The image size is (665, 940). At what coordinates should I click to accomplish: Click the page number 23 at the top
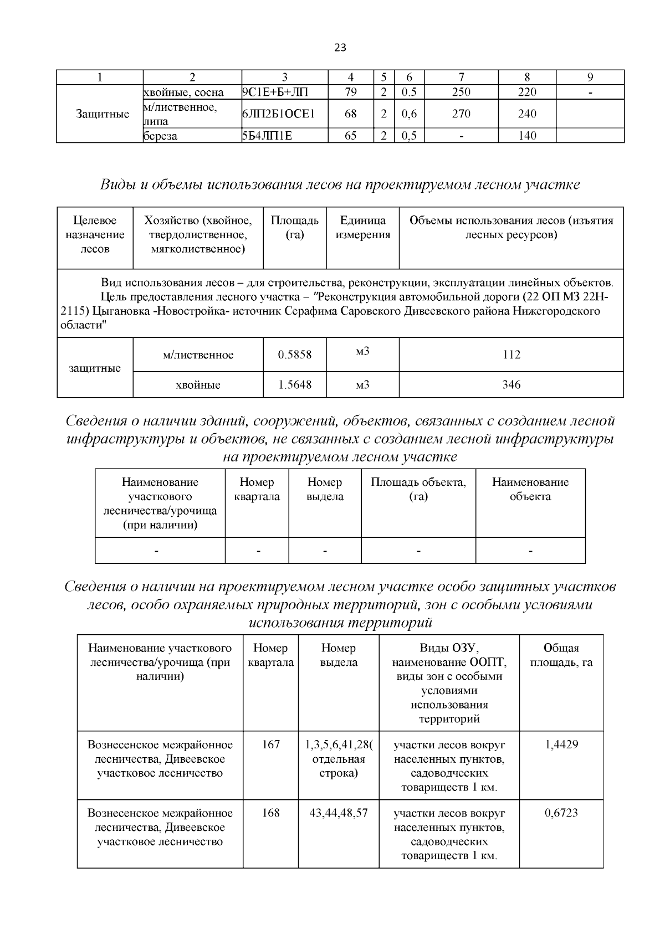340,48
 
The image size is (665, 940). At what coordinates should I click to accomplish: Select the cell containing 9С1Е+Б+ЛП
269,93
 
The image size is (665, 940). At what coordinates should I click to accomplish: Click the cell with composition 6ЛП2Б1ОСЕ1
278,114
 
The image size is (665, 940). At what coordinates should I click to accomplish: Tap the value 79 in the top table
350,93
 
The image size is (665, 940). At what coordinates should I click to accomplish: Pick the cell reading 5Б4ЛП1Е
267,136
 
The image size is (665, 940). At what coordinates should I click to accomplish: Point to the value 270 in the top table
461,114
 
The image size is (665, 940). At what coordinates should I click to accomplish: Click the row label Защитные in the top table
103,114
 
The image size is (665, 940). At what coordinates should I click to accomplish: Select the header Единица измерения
362,228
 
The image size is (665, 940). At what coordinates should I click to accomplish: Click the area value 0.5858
294,355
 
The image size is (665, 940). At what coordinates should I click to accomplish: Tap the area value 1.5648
294,384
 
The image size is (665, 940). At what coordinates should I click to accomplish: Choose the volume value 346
511,384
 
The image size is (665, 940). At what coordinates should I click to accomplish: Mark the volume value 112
511,355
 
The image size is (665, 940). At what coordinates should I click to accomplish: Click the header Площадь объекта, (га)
418,489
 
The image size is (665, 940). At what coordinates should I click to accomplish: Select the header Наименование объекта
530,489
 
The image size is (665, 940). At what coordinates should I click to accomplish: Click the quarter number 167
270,744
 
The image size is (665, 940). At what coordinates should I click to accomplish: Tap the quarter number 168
270,813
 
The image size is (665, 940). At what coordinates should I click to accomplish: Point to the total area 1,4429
561,744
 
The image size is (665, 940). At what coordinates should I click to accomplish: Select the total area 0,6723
561,813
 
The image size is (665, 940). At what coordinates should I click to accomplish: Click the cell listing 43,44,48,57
338,813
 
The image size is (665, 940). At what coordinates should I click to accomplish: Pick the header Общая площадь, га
561,655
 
